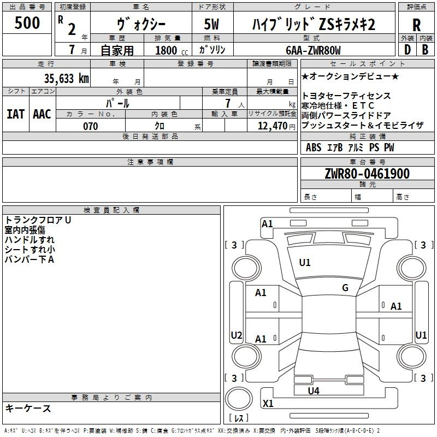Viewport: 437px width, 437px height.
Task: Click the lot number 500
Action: click(27, 22)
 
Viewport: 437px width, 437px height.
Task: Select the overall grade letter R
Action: click(416, 25)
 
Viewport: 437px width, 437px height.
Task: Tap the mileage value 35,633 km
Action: click(66, 78)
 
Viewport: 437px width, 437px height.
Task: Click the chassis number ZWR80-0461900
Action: click(367, 173)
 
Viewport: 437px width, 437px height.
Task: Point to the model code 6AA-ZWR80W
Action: click(313, 50)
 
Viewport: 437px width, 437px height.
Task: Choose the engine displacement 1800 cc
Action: click(172, 50)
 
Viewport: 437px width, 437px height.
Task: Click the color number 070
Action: click(91, 126)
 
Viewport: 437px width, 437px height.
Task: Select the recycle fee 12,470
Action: click(273, 126)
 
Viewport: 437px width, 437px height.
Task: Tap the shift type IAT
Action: click(15, 114)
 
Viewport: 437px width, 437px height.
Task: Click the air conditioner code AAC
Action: click(42, 114)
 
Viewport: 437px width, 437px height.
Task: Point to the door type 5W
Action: click(211, 24)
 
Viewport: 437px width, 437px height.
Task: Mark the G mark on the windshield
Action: click(345, 288)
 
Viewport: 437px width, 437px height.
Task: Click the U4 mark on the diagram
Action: click(314, 391)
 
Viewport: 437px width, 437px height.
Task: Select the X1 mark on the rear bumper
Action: click(268, 403)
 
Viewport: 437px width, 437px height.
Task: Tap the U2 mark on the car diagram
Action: click(237, 335)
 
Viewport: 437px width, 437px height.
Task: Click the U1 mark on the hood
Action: click(305, 263)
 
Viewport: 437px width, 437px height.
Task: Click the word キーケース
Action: click(28, 408)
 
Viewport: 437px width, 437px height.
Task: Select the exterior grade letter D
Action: click(408, 50)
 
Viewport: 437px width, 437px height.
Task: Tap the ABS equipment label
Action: click(314, 147)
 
